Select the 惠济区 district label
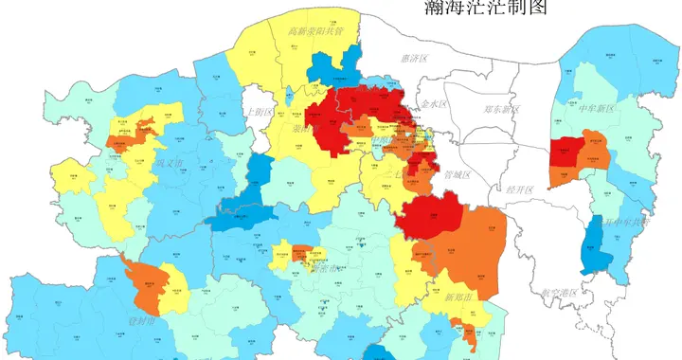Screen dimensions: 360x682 415,59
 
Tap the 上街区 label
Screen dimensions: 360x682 258,112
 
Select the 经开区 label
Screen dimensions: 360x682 520,189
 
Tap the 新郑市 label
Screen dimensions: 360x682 458,297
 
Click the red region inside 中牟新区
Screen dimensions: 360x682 566,152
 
